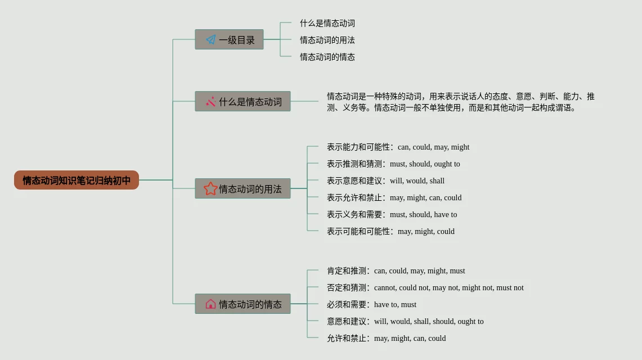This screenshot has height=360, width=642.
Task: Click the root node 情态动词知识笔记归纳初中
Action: tap(77, 180)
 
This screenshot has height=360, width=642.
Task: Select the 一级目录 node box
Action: tap(229, 39)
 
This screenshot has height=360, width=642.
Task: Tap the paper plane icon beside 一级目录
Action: tap(210, 39)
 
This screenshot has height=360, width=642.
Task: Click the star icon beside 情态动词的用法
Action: tap(210, 188)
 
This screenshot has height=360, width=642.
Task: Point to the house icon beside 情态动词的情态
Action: tap(210, 304)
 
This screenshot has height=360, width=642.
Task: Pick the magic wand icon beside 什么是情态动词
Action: tap(210, 101)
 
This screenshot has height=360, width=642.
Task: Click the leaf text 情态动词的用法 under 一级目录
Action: tap(327, 40)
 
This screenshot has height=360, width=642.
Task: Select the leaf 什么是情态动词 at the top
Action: tap(327, 23)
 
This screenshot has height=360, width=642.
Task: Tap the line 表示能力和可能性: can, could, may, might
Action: tap(398, 147)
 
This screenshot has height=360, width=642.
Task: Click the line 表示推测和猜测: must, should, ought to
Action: tap(393, 164)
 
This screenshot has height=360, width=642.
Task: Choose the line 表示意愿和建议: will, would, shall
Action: tap(385, 181)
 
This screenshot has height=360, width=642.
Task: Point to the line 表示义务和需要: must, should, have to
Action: tap(392, 214)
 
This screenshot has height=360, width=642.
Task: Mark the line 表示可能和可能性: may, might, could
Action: tap(390, 231)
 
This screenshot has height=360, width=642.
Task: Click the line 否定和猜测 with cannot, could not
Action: tap(425, 287)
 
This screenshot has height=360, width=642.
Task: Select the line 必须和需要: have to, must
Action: tap(371, 304)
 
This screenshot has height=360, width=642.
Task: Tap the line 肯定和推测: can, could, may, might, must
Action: tap(396, 271)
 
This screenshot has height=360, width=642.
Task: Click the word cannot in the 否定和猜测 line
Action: tap(385, 287)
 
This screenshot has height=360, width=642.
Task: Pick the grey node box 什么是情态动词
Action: tap(243, 101)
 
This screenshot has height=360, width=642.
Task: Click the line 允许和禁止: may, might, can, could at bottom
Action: tap(386, 338)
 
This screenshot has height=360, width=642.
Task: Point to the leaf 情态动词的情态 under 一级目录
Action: tap(327, 57)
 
